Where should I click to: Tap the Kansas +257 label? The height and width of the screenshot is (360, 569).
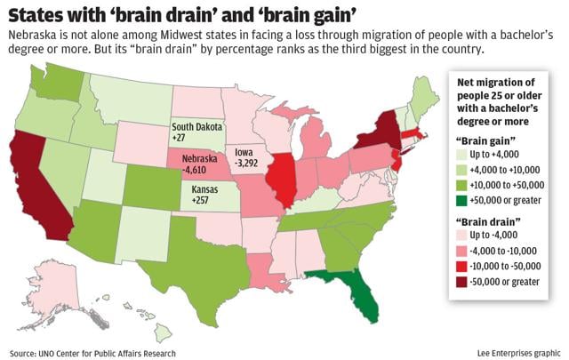[x=204, y=196]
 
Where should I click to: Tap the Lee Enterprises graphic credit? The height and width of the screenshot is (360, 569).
[x=515, y=352]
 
